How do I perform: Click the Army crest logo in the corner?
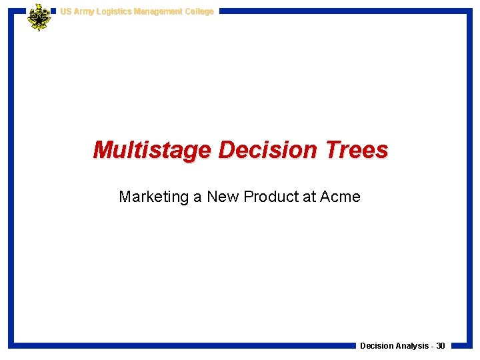click(39, 17)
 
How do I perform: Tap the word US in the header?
click(65, 11)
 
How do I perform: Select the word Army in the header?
click(83, 11)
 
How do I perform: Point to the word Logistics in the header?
click(114, 11)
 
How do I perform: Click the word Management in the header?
click(159, 11)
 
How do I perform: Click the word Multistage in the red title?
click(153, 150)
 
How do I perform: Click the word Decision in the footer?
click(376, 346)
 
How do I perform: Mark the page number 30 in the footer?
click(441, 346)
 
